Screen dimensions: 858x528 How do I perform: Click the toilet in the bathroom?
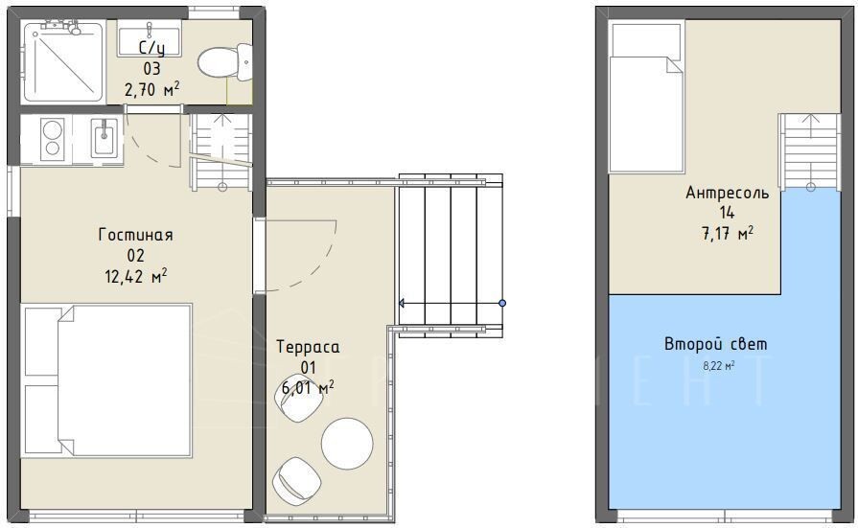tap(225, 63)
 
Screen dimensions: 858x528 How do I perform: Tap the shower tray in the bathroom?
tap(63, 61)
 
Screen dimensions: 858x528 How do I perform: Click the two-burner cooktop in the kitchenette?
tap(53, 139)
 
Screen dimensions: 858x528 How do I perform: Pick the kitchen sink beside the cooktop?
tap(104, 139)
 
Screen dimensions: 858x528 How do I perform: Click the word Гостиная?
tap(136, 235)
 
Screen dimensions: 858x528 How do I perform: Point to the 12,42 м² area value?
tap(136, 276)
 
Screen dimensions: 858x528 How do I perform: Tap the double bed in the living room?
tap(107, 380)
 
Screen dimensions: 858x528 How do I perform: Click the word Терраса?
tap(308, 347)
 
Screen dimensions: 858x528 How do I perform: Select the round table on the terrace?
tap(347, 443)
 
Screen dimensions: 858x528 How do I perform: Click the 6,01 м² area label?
tap(308, 387)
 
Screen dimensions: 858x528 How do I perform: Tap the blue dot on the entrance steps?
tap(502, 303)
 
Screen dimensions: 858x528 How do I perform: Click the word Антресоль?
tap(728, 193)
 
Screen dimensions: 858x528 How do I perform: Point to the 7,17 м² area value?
tap(728, 234)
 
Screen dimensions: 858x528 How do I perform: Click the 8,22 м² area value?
tap(718, 366)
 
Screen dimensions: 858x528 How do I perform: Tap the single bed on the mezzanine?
tap(647, 98)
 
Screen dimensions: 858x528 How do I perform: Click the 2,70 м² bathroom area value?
tap(152, 89)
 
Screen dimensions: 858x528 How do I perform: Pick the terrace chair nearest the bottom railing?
tap(297, 481)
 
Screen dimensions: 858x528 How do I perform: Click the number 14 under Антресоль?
tap(728, 213)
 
